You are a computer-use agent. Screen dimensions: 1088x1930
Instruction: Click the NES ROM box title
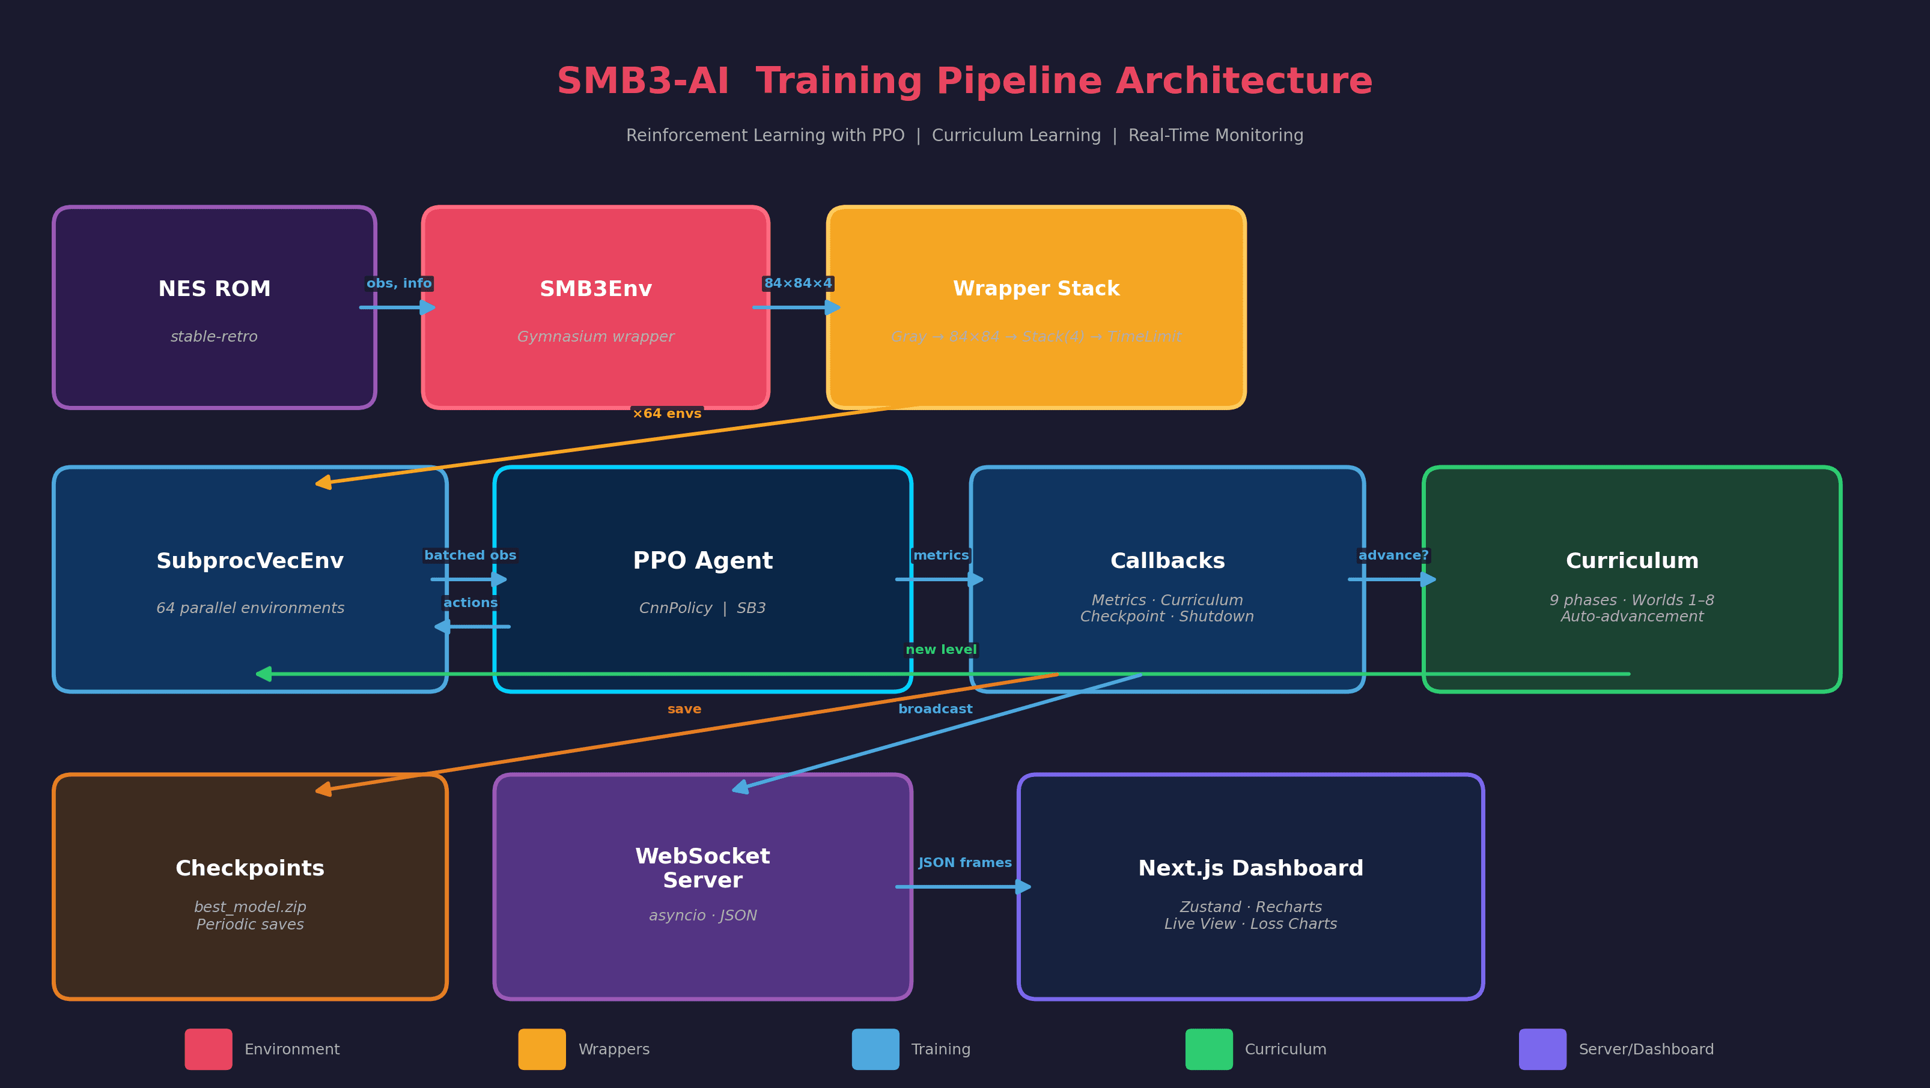[x=215, y=289]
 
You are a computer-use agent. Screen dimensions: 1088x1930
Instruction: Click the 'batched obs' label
[x=470, y=555]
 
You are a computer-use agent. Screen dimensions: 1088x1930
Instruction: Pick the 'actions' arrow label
[x=470, y=603]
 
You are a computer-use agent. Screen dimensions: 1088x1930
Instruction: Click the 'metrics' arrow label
[x=941, y=555]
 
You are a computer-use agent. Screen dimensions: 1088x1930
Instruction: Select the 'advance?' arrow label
[x=1393, y=555]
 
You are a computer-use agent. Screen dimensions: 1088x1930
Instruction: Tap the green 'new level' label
[x=941, y=650]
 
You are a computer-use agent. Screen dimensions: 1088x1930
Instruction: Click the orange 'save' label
[x=684, y=709]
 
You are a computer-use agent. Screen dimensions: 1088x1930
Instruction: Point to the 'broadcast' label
[x=935, y=709]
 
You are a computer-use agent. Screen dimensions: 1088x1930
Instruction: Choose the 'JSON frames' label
[x=965, y=863]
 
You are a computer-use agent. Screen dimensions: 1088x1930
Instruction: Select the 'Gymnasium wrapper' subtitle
[x=595, y=337]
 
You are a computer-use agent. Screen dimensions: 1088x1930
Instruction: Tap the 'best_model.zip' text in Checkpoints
[x=250, y=907]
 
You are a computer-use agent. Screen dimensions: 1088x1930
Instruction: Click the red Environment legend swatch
[x=209, y=1049]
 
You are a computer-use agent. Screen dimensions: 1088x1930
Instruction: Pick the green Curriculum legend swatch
[x=1208, y=1049]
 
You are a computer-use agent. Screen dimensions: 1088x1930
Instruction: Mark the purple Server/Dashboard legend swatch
[x=1542, y=1049]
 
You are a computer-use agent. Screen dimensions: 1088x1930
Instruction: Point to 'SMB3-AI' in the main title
[x=643, y=82]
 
